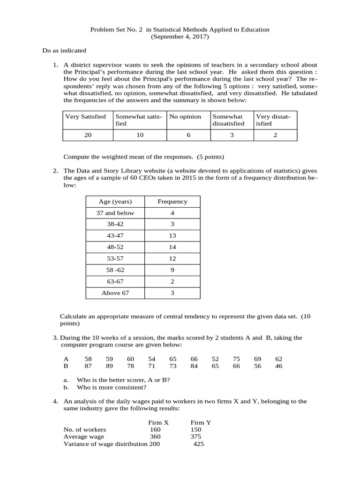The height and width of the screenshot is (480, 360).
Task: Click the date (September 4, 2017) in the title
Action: (180, 37)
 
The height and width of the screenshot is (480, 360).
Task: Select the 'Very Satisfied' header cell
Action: (85, 117)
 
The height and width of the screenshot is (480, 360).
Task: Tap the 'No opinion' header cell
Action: (185, 117)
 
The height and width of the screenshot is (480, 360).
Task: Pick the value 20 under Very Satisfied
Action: (88, 135)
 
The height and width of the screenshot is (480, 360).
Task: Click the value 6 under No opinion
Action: (188, 135)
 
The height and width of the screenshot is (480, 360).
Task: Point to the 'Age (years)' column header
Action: (115, 202)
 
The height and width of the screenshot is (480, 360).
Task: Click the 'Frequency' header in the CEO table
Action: (172, 202)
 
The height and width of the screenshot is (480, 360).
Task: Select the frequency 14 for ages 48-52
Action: (172, 247)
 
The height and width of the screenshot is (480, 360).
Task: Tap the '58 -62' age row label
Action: (115, 270)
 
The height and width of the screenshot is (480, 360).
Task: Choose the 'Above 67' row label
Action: (115, 293)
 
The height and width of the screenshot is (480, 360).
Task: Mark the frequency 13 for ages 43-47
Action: (172, 235)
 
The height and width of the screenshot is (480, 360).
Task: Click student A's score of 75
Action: (236, 359)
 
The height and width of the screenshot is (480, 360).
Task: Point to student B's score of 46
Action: (279, 366)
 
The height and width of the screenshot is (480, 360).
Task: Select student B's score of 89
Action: (110, 366)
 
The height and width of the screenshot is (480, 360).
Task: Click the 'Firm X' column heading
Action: (158, 422)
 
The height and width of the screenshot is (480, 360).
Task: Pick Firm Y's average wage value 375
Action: (196, 436)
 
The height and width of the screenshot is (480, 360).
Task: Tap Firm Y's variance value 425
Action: (199, 444)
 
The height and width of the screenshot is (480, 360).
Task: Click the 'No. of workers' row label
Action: (85, 429)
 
